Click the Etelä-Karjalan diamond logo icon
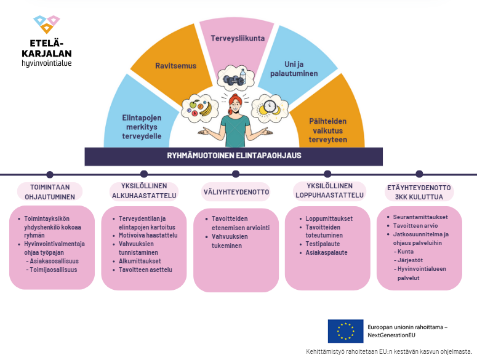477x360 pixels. (47, 25)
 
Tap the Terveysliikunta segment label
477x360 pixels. (238, 38)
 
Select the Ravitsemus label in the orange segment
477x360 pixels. (176, 66)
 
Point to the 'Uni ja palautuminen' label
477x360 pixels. (294, 69)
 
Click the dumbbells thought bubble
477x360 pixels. (236, 78)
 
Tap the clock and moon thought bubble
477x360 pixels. (270, 108)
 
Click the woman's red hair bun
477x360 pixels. (234, 98)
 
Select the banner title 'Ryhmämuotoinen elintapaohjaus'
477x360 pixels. (234, 156)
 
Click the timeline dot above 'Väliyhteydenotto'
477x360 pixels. (236, 174)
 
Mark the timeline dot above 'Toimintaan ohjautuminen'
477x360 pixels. (50, 175)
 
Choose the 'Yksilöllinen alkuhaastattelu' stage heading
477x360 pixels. (144, 191)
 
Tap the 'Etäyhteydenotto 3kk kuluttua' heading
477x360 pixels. (419, 192)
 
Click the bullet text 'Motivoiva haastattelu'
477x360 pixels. (148, 235)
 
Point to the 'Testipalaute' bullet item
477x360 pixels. (323, 244)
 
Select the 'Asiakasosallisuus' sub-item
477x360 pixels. (54, 261)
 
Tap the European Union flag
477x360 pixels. (345, 331)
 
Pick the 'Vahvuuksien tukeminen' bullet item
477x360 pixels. (230, 241)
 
